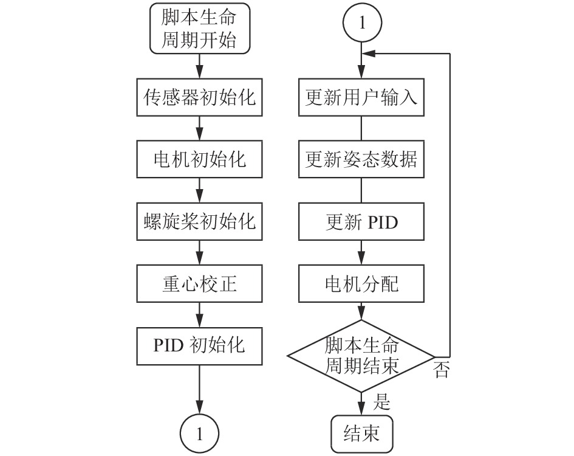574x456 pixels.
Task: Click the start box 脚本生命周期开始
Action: point(199,29)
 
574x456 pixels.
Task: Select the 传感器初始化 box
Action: point(199,97)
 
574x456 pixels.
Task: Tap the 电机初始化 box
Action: point(199,159)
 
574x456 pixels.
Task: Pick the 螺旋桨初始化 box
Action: point(199,221)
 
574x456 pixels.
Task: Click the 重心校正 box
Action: point(199,284)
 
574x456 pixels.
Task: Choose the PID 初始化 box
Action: point(199,346)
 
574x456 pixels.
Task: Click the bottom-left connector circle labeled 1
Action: point(199,434)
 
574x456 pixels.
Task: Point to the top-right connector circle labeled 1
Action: point(362,22)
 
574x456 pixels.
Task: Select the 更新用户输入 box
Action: point(361,97)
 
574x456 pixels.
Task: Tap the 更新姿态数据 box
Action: point(361,159)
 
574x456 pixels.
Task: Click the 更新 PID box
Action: point(361,221)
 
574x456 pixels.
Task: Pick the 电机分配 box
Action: point(361,284)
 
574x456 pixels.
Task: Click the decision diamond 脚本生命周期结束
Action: point(361,356)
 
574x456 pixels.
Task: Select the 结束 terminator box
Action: point(361,434)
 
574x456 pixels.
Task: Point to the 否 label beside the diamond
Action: point(442,370)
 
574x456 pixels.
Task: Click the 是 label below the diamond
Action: point(382,401)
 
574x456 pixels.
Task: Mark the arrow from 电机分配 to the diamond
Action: point(361,311)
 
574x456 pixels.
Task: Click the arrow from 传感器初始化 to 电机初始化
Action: point(199,128)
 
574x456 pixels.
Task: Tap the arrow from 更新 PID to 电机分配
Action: point(361,252)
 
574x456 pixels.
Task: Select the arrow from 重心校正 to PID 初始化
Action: point(199,315)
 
